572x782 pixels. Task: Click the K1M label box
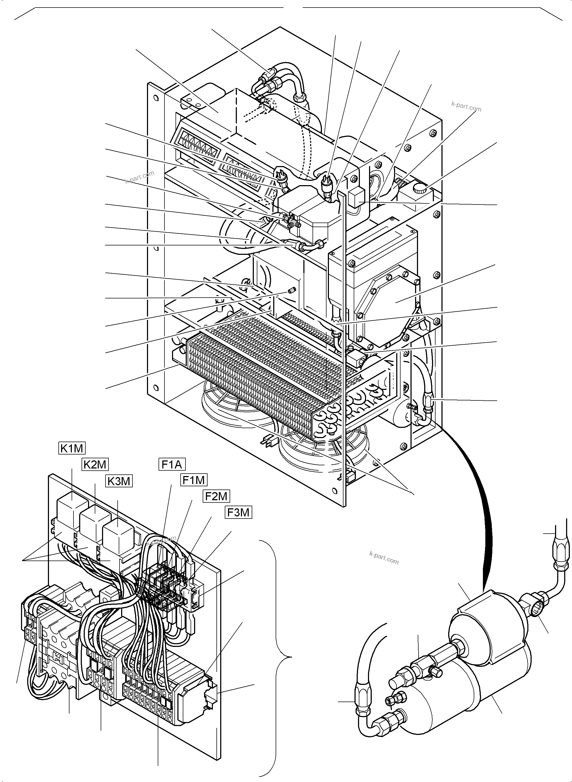pyautogui.click(x=71, y=448)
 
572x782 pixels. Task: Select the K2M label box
pyautogui.click(x=95, y=464)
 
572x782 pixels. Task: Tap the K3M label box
pyautogui.click(x=119, y=481)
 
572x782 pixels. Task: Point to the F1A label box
pyautogui.click(x=172, y=464)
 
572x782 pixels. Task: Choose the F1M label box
pyautogui.click(x=194, y=480)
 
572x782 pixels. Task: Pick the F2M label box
pyautogui.click(x=216, y=496)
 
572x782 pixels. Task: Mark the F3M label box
pyautogui.click(x=238, y=512)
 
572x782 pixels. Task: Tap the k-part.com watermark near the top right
pyautogui.click(x=466, y=107)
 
